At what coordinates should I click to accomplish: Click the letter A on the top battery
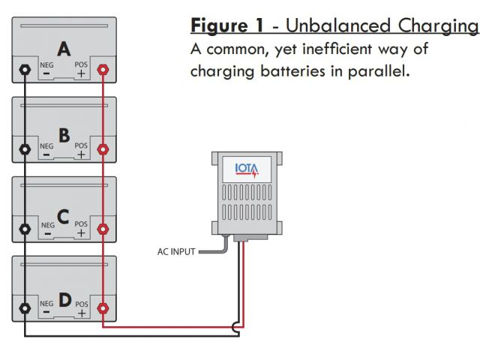coord(64,49)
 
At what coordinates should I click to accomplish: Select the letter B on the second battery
coord(64,135)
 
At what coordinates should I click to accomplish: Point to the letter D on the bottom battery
coord(64,300)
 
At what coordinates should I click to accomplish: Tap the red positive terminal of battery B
coord(103,148)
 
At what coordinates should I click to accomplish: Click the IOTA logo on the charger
coord(247,168)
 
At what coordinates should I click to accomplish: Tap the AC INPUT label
coord(176,252)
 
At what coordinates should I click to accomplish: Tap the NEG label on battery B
coord(46,145)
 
